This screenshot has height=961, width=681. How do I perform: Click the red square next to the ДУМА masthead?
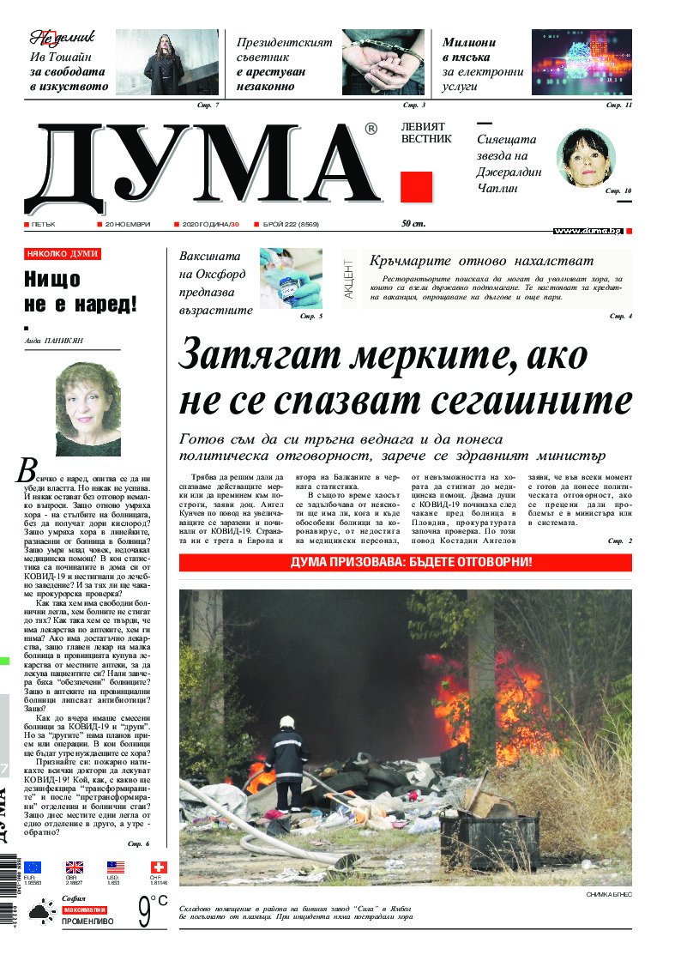coord(416,187)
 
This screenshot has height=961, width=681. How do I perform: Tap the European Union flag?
coord(33,867)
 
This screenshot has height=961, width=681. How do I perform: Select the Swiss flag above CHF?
coord(158,867)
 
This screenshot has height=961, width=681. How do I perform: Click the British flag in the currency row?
coord(75,867)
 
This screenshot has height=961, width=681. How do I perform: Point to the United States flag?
coord(116,867)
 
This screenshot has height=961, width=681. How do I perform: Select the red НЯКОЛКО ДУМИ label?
coord(63,254)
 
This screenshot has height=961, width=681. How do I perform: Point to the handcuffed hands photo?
coord(383,62)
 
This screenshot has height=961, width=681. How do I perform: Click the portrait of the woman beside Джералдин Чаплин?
coord(587,160)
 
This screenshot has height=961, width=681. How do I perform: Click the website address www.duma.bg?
coord(587,231)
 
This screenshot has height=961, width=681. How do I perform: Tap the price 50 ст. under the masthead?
coord(413,224)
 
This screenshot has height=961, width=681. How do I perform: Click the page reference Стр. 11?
coord(618,105)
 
